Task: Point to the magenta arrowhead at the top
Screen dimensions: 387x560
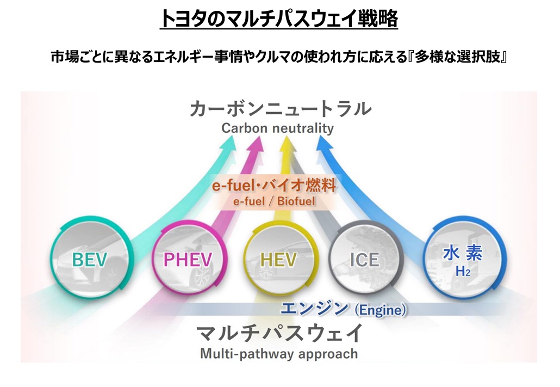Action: pyautogui.click(x=256, y=143)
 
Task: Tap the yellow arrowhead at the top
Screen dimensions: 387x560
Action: pyautogui.click(x=287, y=143)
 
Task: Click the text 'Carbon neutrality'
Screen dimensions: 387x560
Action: pyautogui.click(x=277, y=128)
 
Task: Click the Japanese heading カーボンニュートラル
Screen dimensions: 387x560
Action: pyautogui.click(x=281, y=108)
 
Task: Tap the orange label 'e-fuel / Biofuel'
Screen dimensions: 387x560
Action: pyautogui.click(x=274, y=201)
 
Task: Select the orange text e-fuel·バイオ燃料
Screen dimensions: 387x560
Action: pyautogui.click(x=274, y=186)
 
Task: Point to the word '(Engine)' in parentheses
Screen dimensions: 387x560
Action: pyautogui.click(x=380, y=311)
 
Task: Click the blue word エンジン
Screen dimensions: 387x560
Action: pyautogui.click(x=314, y=309)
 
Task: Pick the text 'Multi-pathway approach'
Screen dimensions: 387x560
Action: pyautogui.click(x=279, y=354)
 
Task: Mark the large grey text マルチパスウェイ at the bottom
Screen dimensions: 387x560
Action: pyautogui.click(x=279, y=333)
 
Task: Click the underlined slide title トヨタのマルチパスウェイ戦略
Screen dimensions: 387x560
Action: pyautogui.click(x=279, y=20)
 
